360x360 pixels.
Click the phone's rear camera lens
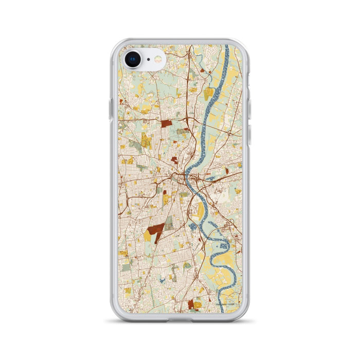click(133, 59)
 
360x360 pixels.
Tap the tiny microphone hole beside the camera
click(148, 59)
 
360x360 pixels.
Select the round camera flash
click(157, 59)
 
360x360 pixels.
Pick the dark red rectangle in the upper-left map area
click(166, 123)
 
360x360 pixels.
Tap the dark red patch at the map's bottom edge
click(191, 304)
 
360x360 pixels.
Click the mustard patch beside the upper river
click(208, 94)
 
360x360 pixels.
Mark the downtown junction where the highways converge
click(178, 177)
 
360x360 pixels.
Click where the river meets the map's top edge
click(226, 47)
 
